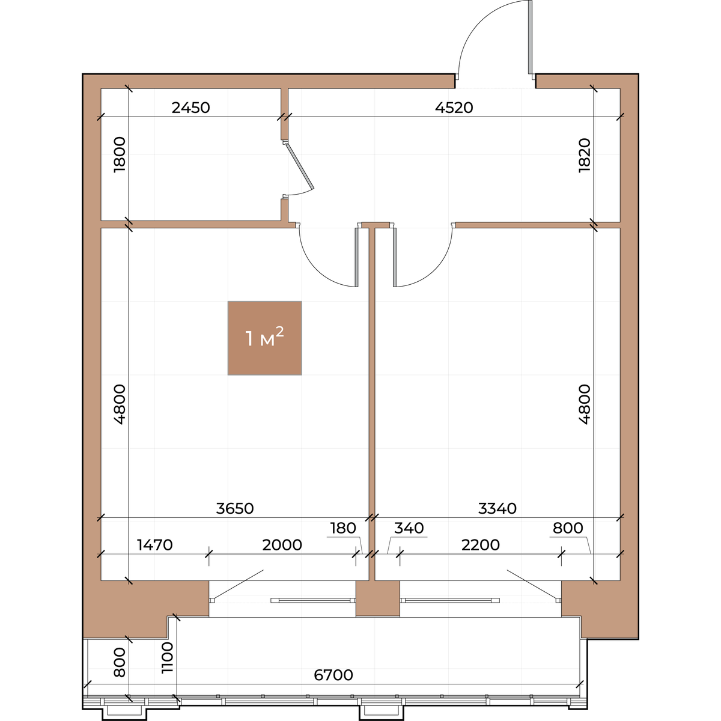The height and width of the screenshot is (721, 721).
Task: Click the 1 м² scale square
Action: coord(264,338)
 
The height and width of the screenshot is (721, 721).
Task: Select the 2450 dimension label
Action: coord(191,108)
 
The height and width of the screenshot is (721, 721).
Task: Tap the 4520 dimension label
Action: coord(454,108)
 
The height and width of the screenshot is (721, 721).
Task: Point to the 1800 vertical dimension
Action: coord(120,154)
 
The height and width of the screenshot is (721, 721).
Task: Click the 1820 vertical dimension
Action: coord(585,155)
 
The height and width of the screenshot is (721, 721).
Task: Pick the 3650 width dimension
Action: coord(235,508)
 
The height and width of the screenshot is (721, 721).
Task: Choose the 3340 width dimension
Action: coord(497,508)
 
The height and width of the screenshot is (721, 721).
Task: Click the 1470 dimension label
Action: coord(155,545)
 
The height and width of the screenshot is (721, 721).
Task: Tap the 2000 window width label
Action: coord(282,545)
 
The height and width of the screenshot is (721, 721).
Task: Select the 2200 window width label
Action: coord(481,545)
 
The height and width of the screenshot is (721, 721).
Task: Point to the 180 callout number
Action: coord(342,528)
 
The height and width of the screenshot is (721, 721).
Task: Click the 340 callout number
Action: coord(409,528)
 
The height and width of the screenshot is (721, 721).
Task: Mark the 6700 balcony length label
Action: coord(333,675)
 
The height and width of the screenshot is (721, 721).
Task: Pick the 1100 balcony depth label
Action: coord(167,658)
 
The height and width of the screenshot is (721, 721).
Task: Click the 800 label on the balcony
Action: coord(120,663)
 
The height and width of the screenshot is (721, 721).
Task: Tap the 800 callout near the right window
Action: coord(568,528)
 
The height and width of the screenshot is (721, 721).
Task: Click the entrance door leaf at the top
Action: coord(530,38)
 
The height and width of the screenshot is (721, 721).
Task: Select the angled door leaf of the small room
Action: coord(299,166)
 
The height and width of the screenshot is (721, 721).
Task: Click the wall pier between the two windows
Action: coord(377,598)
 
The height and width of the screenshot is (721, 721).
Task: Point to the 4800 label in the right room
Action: coord(585,404)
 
